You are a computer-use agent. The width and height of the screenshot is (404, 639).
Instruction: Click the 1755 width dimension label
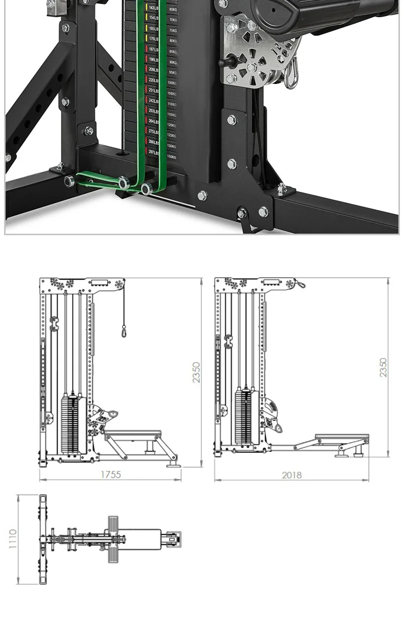point(110,474)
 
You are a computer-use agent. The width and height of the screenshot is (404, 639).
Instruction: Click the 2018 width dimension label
point(291,474)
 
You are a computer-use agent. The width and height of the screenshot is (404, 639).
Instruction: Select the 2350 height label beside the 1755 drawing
point(196,372)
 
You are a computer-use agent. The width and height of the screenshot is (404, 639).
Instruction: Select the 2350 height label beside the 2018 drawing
point(383,367)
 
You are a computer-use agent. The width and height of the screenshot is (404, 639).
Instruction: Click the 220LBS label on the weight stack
point(154,80)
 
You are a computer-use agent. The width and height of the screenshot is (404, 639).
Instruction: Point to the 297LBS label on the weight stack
point(154,152)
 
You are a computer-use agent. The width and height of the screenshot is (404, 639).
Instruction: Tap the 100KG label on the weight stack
point(172,83)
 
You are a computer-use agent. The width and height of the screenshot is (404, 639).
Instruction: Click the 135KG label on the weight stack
point(172,157)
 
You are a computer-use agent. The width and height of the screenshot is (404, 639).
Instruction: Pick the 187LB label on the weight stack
point(154,49)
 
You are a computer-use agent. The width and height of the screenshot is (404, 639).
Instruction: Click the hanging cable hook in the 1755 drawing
point(124,332)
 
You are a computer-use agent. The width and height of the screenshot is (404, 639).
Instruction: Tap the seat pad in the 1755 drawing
point(132,434)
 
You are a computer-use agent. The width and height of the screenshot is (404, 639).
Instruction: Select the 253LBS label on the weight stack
point(154,111)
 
